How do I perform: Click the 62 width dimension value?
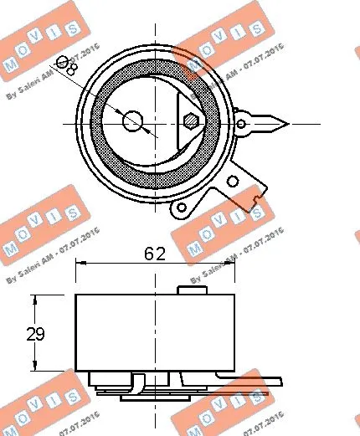155,252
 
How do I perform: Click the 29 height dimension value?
34,334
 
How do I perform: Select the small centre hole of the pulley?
132,121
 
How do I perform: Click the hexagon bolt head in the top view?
193,121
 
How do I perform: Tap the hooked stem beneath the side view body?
138,387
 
